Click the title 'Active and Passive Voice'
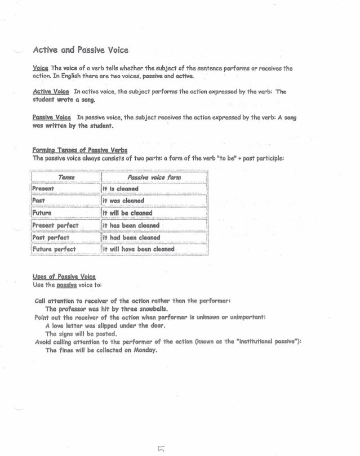pyautogui.click(x=81, y=50)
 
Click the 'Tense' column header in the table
pyautogui.click(x=66, y=177)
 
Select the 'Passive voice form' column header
pyautogui.click(x=151, y=177)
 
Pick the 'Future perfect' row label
pyautogui.click(x=54, y=249)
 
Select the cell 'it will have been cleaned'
pyautogui.click(x=139, y=249)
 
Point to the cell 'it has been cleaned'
pyautogui.click(x=131, y=225)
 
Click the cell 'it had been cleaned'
pyautogui.click(x=131, y=237)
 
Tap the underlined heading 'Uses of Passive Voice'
pyautogui.click(x=64, y=276)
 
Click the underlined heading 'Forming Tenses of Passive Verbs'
pyautogui.click(x=80, y=150)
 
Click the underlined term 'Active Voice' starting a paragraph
pyautogui.click(x=51, y=91)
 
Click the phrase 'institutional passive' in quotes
pyautogui.click(x=265, y=341)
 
